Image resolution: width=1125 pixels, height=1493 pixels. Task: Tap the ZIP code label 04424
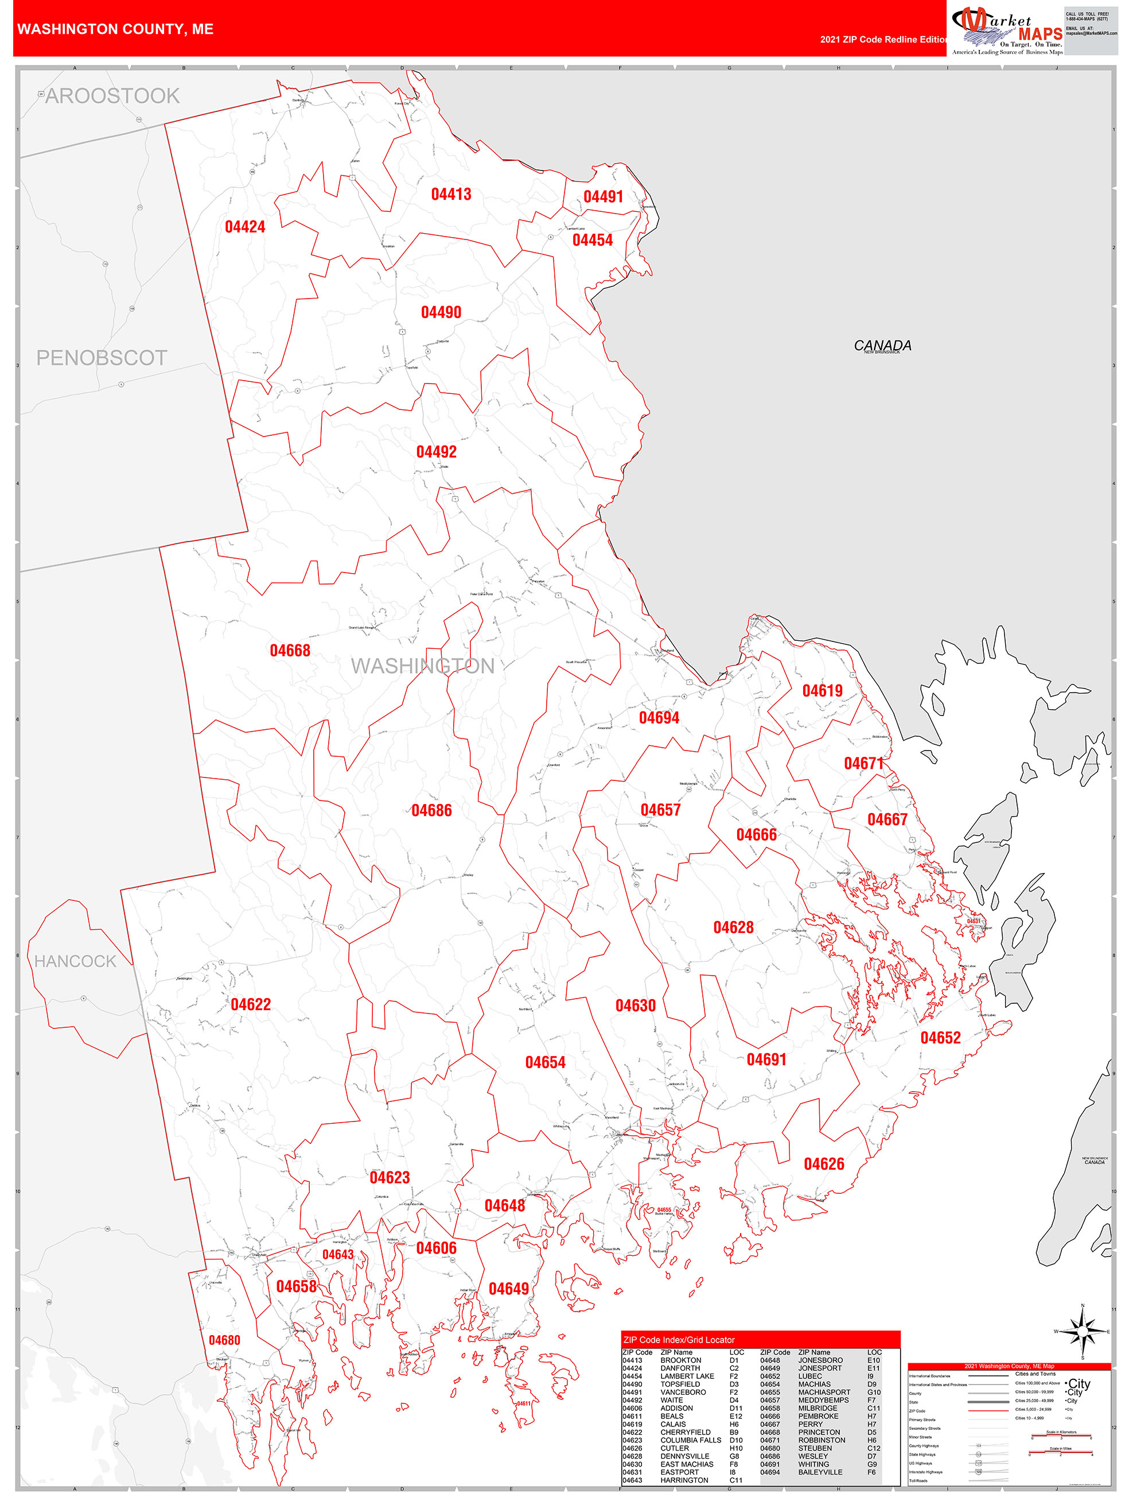(x=245, y=227)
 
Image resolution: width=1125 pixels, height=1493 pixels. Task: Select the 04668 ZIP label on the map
(x=290, y=651)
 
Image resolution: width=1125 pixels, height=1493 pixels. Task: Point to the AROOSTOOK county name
(x=112, y=96)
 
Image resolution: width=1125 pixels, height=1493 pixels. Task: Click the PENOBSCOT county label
(x=101, y=358)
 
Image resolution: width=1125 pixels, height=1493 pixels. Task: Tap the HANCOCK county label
(x=75, y=961)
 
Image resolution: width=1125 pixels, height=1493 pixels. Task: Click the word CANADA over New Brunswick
(x=882, y=345)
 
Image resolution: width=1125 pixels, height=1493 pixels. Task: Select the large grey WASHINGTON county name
(x=422, y=666)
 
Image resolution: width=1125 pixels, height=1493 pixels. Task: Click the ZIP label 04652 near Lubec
(x=940, y=1038)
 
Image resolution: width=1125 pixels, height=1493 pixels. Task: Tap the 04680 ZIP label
(x=224, y=1340)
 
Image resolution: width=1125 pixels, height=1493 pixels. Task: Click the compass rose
(x=1083, y=1332)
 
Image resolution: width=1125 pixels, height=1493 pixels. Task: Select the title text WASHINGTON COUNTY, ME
(x=115, y=29)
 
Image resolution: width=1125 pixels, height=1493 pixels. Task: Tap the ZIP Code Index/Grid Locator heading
(x=679, y=1340)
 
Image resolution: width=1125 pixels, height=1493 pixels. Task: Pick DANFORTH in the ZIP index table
(x=680, y=1368)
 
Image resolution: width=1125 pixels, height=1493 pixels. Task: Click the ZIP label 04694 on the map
(x=659, y=718)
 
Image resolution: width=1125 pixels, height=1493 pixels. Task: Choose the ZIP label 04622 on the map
(x=250, y=1004)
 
